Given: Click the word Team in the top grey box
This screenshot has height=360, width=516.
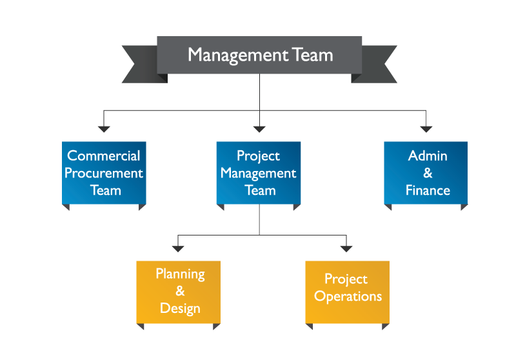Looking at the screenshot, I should [312, 55].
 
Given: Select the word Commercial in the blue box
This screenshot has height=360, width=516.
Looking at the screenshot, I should [104, 155].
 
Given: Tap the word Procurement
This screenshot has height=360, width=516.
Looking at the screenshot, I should [104, 173].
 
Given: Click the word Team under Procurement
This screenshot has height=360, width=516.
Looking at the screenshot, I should [105, 190].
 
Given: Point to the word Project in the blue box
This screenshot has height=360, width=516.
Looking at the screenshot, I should [258, 156].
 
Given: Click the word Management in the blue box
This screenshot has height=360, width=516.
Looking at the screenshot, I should [258, 173].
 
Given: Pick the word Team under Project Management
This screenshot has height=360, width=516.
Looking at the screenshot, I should [260, 190].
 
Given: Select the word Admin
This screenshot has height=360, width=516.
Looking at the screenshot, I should [428, 155].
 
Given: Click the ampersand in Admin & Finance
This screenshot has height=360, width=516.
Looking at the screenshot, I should [428, 173].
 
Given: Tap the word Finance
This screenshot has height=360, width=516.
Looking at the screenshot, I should [428, 190].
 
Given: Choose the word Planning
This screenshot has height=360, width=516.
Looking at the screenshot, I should [180, 274].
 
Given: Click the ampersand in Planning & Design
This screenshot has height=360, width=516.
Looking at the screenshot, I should [180, 291].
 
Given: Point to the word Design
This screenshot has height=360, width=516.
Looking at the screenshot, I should [180, 308].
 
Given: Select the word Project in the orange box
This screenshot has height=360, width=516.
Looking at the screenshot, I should [346, 279].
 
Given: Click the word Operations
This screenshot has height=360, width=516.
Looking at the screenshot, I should [348, 296].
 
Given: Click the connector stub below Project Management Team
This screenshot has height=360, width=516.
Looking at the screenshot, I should [275, 208].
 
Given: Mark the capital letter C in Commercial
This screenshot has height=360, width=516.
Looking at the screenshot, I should [72, 155].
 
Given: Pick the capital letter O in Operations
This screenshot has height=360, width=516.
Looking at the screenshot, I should [319, 296].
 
